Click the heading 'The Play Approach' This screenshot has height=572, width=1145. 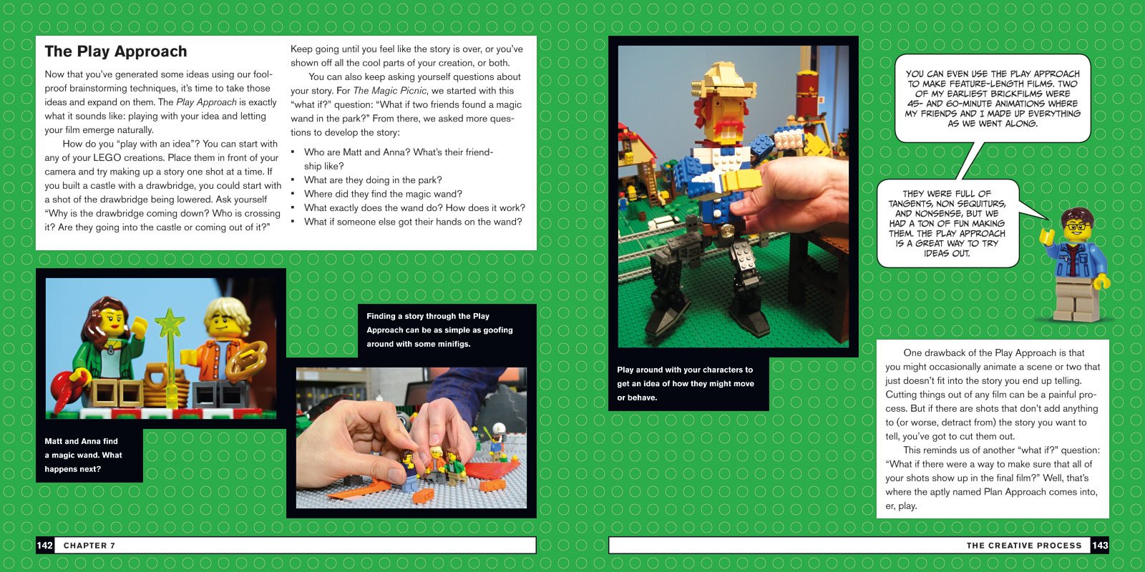pos(116,51)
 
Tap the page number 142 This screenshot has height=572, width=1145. pos(45,546)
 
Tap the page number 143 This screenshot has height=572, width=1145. pos(1100,546)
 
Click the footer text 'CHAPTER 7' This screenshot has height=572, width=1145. pos(89,546)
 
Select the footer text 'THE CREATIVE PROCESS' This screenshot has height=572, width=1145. pos(1024,546)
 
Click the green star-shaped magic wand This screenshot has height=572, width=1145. pos(170,325)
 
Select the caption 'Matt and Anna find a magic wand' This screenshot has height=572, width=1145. pos(83,455)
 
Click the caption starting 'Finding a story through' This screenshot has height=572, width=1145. pos(439,330)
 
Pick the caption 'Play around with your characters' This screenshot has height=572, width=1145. pos(685,383)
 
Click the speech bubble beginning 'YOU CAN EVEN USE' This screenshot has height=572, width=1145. pos(992,99)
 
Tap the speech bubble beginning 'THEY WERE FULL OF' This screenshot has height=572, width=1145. pos(947,223)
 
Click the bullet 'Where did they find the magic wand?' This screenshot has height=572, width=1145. pos(383,194)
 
